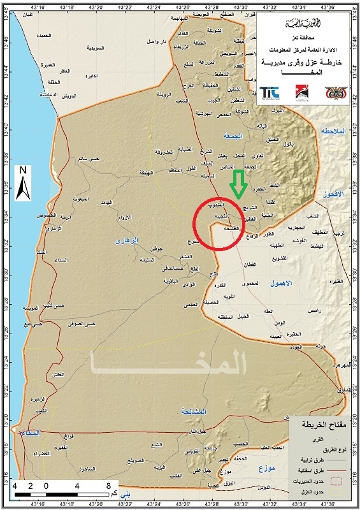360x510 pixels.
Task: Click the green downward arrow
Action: pos(239,184)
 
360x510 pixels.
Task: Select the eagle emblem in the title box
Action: pos(334,93)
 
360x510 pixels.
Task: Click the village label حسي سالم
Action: pos(88,158)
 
